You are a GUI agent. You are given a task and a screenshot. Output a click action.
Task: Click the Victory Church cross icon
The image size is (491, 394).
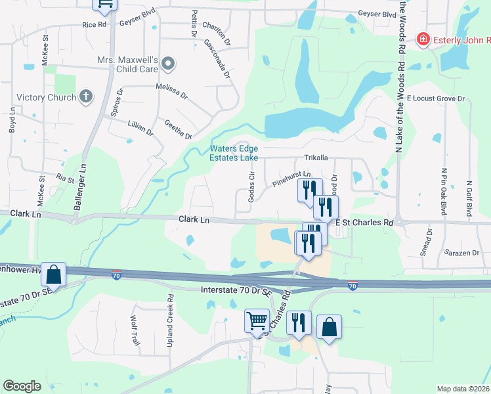(85, 97)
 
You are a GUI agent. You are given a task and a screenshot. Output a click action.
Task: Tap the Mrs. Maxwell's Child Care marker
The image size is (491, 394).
(168, 64)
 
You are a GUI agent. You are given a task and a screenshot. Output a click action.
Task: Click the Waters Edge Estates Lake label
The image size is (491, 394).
(234, 153)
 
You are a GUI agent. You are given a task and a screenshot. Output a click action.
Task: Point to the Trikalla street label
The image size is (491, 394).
(316, 158)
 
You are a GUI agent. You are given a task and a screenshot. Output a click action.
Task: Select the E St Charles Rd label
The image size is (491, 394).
(364, 223)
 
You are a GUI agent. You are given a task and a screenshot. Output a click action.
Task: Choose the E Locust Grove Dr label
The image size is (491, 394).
(435, 98)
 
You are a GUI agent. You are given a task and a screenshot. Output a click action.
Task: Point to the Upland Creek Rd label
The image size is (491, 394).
(170, 320)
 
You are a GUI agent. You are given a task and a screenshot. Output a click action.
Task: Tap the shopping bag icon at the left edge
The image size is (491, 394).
(54, 274)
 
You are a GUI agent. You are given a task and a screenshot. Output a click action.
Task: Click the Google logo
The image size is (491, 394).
(22, 387)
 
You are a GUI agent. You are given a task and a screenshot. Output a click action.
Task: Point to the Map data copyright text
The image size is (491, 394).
(463, 389)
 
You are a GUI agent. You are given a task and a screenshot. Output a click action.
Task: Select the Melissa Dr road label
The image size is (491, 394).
(171, 90)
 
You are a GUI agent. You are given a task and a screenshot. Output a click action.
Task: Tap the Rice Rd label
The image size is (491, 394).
(94, 25)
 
